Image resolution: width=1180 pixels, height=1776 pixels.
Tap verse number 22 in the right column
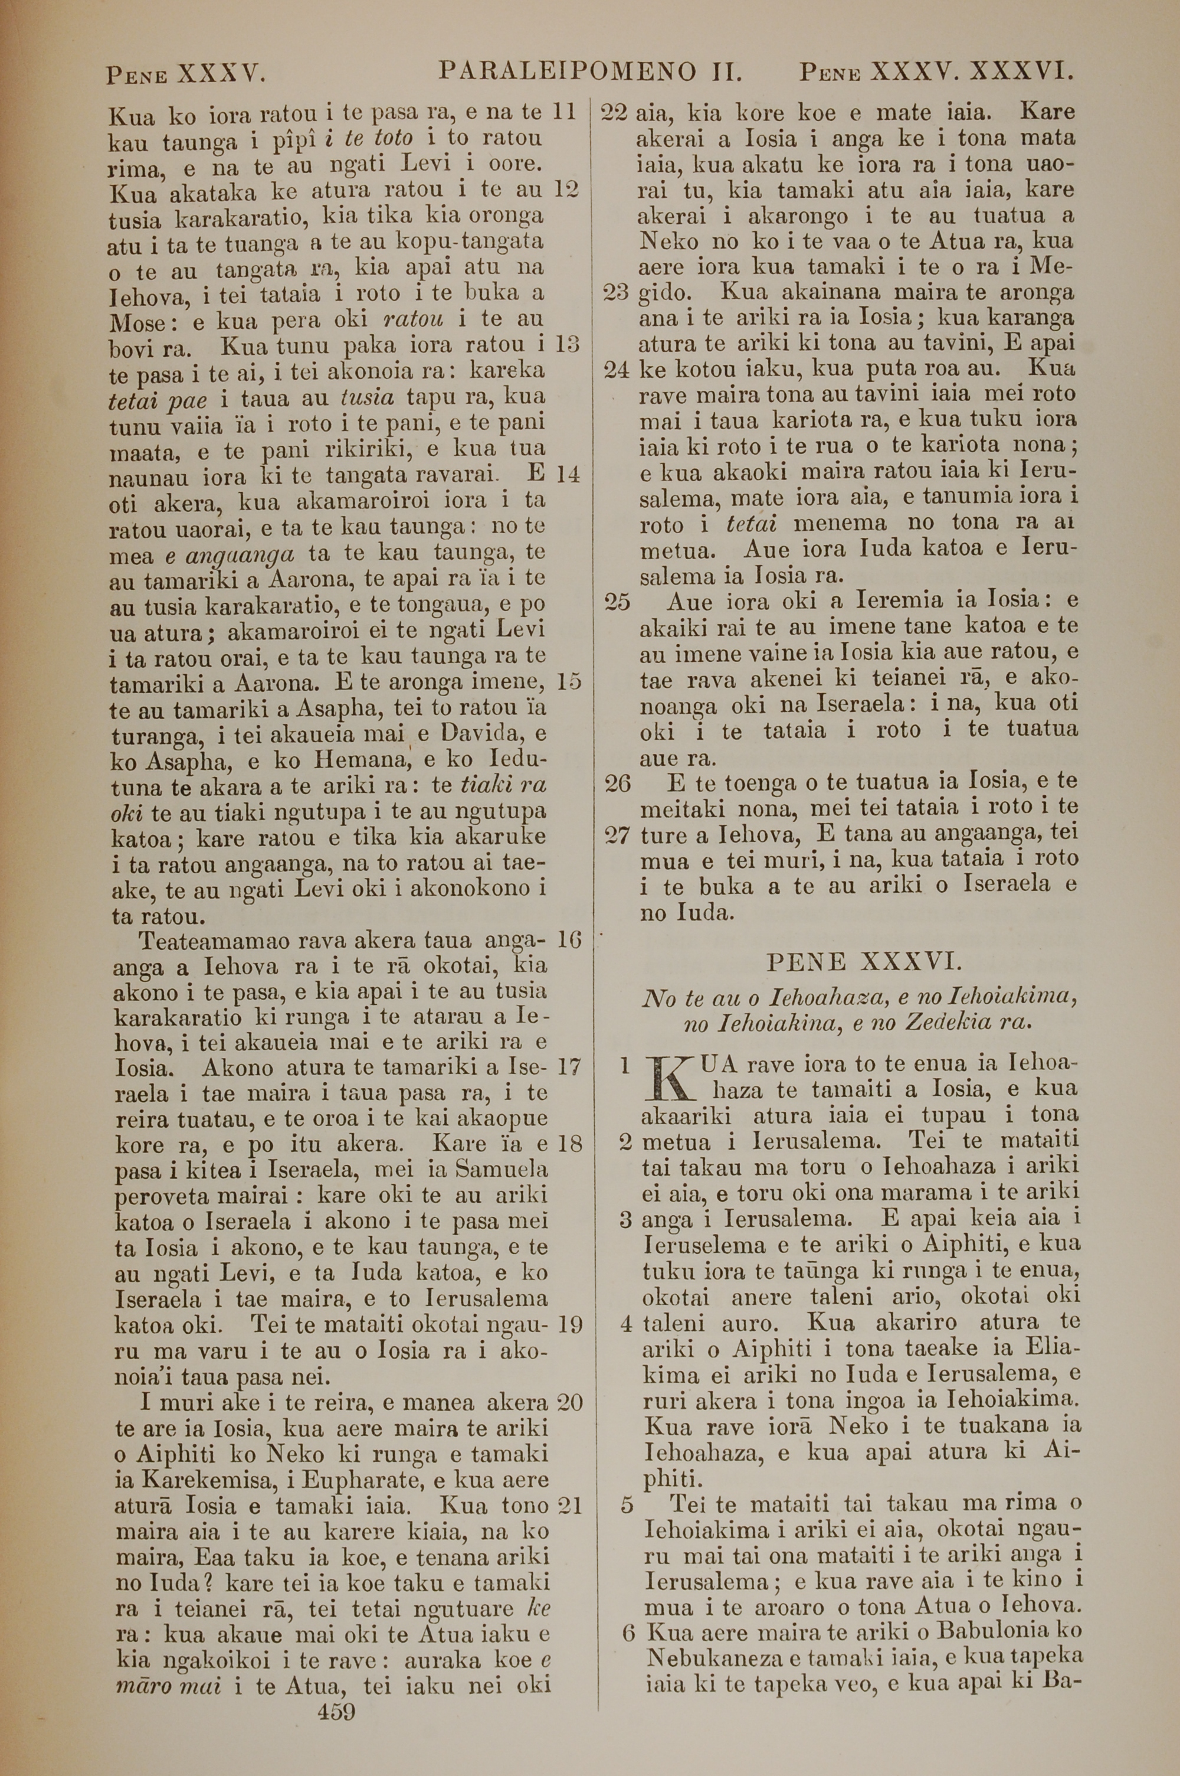615,115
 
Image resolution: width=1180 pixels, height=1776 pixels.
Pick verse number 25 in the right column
617,602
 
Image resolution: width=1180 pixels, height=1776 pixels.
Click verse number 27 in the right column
617,835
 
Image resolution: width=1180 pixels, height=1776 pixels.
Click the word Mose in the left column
142,323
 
